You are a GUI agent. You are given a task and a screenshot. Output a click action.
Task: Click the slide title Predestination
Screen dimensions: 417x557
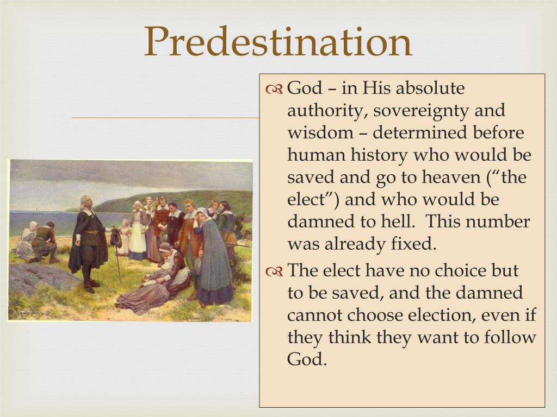(278, 42)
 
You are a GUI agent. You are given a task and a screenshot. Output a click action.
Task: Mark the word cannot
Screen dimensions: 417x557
(313, 315)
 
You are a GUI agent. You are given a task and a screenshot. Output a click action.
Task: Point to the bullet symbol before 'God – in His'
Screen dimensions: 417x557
(273, 89)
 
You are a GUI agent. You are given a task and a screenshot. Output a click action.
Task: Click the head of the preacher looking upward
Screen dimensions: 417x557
(86, 202)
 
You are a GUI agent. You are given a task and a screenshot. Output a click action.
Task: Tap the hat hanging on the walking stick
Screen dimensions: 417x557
(116, 238)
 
